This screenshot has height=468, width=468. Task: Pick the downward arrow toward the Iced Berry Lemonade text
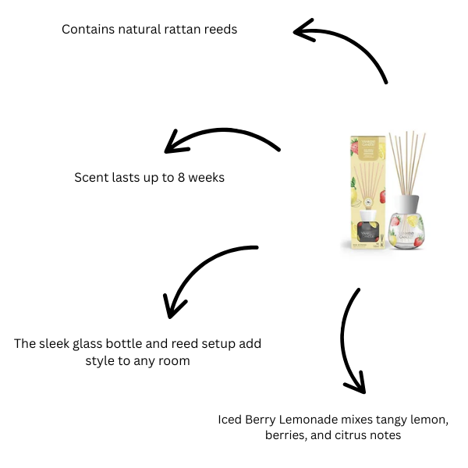tap(349, 343)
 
